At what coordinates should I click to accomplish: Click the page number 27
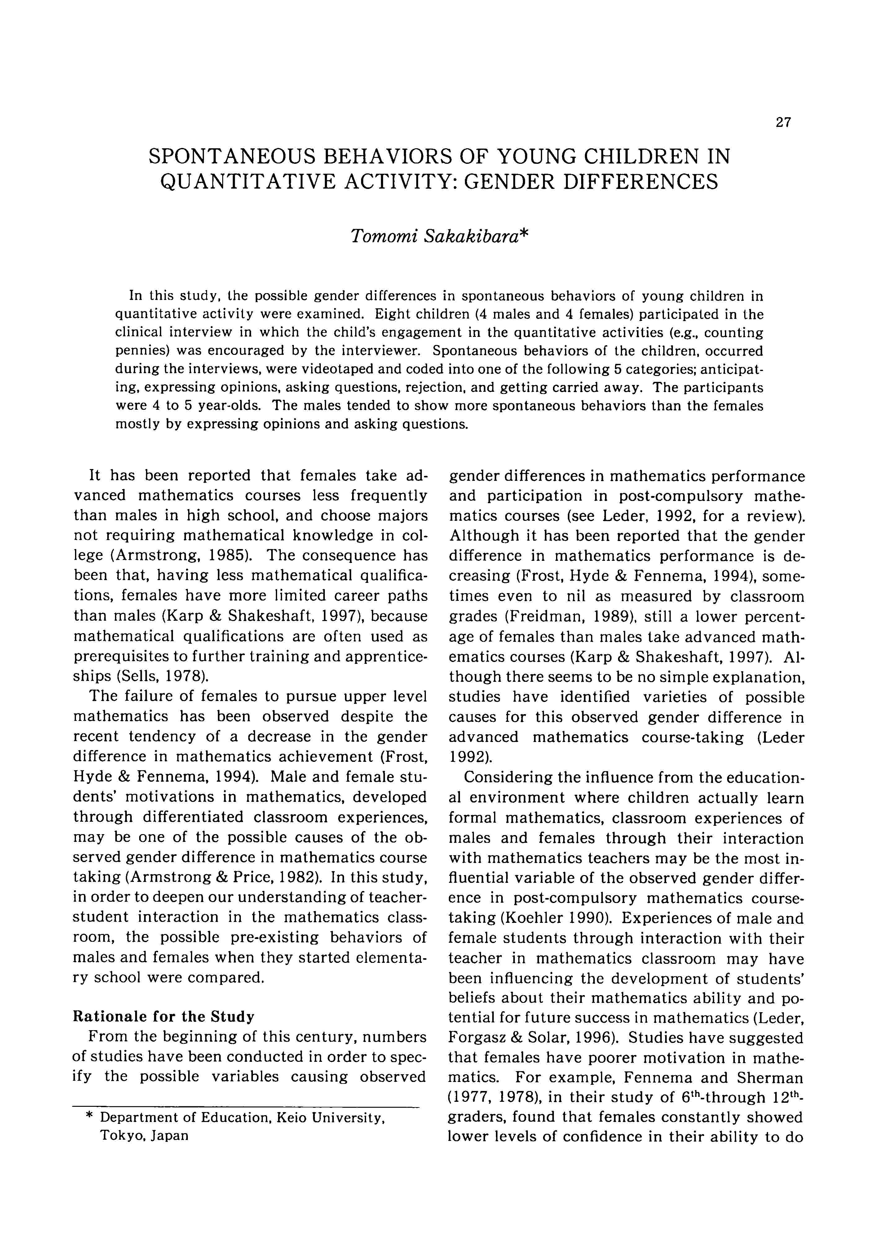(783, 123)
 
